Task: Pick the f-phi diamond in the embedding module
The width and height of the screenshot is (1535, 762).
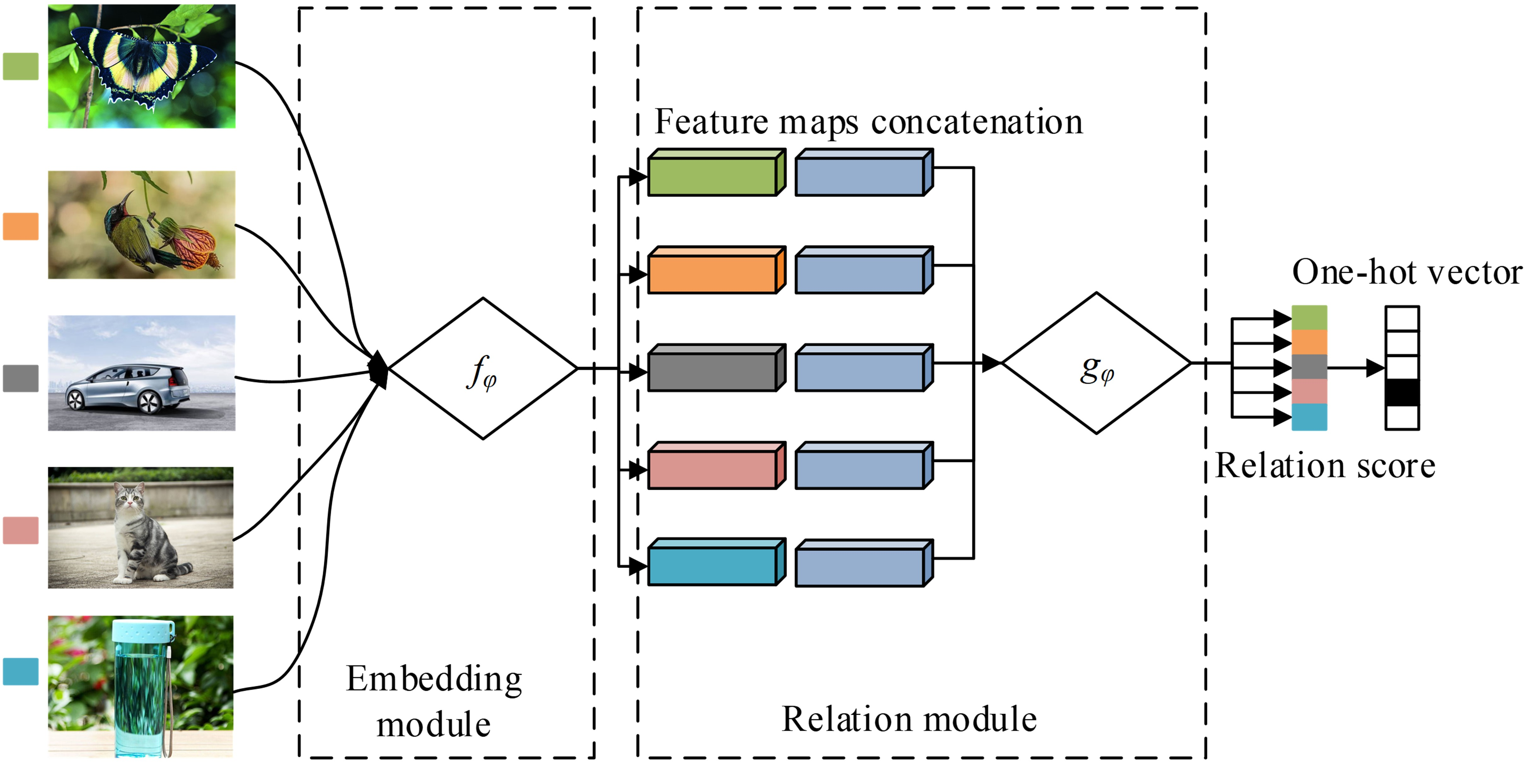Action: point(483,368)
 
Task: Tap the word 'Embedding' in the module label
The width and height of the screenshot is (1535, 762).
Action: point(434,679)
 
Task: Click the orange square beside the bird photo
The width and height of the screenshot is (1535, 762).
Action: point(21,227)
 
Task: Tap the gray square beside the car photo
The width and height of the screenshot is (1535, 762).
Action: point(21,378)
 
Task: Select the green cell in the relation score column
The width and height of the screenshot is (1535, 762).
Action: point(1309,318)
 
